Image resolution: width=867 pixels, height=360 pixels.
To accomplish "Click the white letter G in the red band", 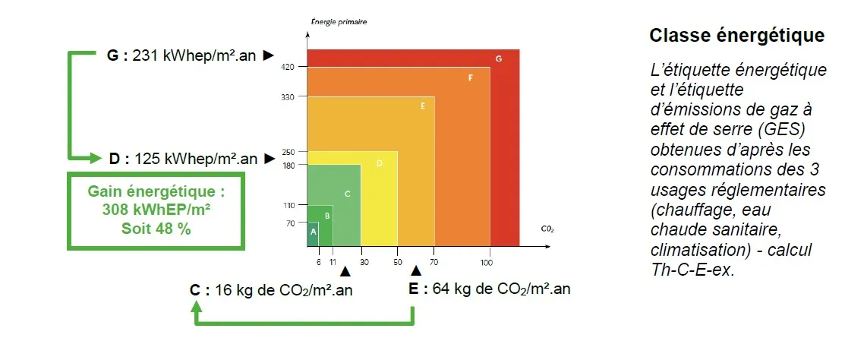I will tap(498, 58).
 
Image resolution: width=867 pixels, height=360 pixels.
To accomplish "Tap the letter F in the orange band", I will tap(471, 77).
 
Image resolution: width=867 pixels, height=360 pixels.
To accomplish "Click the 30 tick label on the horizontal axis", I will tap(364, 262).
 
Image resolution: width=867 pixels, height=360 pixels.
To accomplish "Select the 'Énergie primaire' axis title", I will tap(339, 22).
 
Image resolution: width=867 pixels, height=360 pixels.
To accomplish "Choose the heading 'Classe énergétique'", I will tap(736, 36).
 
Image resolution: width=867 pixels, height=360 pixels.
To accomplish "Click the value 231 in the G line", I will tap(145, 55).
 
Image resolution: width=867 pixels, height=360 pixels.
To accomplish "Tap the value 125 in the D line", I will tap(148, 159).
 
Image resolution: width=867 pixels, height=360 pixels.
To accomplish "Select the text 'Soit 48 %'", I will tap(156, 227).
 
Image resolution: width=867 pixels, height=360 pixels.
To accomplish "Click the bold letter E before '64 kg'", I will tap(413, 289).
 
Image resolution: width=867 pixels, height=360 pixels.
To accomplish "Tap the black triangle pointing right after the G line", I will tap(268, 55).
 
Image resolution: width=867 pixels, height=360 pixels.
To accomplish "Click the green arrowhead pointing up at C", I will tap(197, 305).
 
